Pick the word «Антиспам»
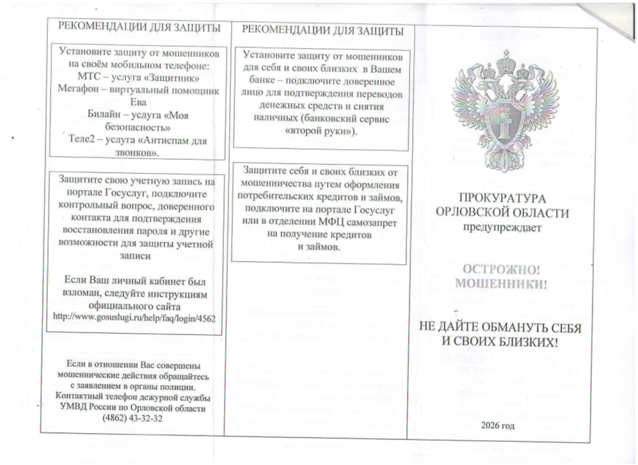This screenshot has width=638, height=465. pos(163,140)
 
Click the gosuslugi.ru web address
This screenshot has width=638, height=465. pos(134,317)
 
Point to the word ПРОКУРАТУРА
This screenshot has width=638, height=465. pos(501,198)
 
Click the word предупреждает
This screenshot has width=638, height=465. pos(502,226)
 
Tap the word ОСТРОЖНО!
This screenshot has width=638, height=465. pos(502,269)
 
